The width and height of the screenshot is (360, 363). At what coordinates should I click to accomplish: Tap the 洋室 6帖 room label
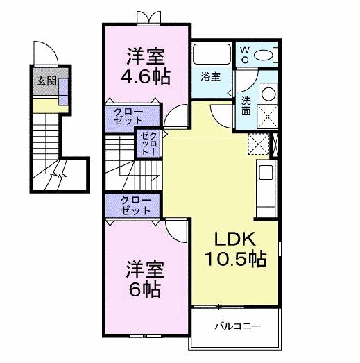click(x=144, y=278)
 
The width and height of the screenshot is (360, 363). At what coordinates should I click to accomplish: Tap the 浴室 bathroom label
click(x=212, y=76)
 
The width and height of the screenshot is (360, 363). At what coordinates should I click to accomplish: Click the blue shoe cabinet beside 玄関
click(x=63, y=91)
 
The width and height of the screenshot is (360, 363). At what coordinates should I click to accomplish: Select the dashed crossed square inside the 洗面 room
click(x=267, y=115)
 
